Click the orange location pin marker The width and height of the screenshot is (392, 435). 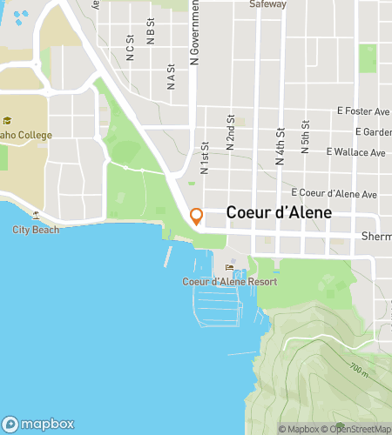(x=196, y=217)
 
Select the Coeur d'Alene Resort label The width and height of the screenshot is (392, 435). (x=229, y=281)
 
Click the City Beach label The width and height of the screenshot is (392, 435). (x=36, y=230)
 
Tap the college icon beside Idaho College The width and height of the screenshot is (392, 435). (x=6, y=122)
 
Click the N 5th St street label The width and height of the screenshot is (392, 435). (x=305, y=138)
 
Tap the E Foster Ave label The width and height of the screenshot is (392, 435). (x=363, y=111)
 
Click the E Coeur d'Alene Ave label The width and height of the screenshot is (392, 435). (x=335, y=193)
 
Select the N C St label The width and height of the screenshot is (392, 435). (x=130, y=48)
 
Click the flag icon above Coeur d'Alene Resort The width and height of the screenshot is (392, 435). (x=230, y=267)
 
